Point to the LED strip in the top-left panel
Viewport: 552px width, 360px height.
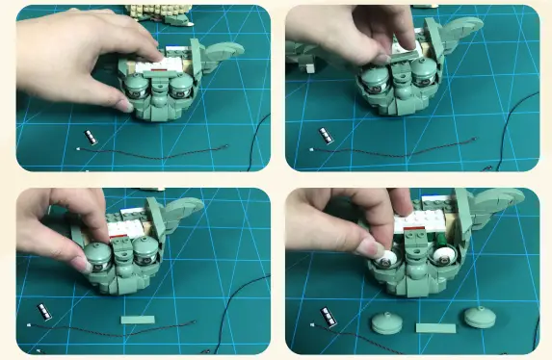[91, 137]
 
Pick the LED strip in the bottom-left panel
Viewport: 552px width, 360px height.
[43, 310]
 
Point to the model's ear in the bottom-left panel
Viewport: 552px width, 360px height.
[183, 207]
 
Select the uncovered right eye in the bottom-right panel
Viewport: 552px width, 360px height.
[445, 256]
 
